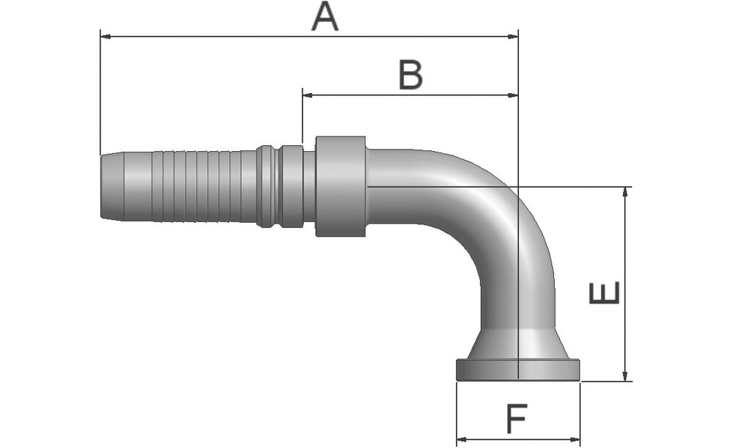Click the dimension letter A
click(x=325, y=16)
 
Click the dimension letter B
click(x=410, y=75)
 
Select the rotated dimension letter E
click(x=604, y=293)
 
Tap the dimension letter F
click(x=517, y=418)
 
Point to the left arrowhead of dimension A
click(x=106, y=37)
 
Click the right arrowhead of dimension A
click(x=513, y=37)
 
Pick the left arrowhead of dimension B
click(x=308, y=95)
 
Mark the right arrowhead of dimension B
click(x=513, y=95)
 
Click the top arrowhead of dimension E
click(x=625, y=192)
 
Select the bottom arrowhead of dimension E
click(x=625, y=375)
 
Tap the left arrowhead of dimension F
click(x=462, y=439)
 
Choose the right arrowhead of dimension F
click(x=575, y=439)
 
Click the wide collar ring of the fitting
click(x=340, y=186)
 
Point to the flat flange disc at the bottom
click(x=518, y=370)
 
